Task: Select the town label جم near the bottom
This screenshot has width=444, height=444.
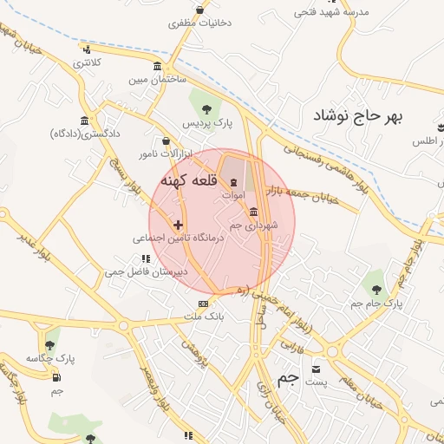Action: point(288,380)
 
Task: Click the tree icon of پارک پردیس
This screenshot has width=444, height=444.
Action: point(206,108)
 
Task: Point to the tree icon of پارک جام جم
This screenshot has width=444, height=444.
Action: point(375,287)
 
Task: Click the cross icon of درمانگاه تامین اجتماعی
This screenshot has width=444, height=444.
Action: point(179,225)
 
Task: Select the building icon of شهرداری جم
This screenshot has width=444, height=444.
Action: point(253,212)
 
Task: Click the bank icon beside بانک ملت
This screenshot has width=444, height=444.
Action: point(203,304)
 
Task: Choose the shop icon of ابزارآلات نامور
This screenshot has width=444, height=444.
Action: point(166,141)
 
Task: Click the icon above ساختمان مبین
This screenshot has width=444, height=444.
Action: point(156,67)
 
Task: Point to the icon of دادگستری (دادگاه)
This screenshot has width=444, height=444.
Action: point(83,121)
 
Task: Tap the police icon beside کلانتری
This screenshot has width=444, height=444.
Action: point(85,49)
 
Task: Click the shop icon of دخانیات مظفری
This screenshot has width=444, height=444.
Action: point(200,10)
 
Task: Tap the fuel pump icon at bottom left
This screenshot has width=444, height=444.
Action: point(56,376)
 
